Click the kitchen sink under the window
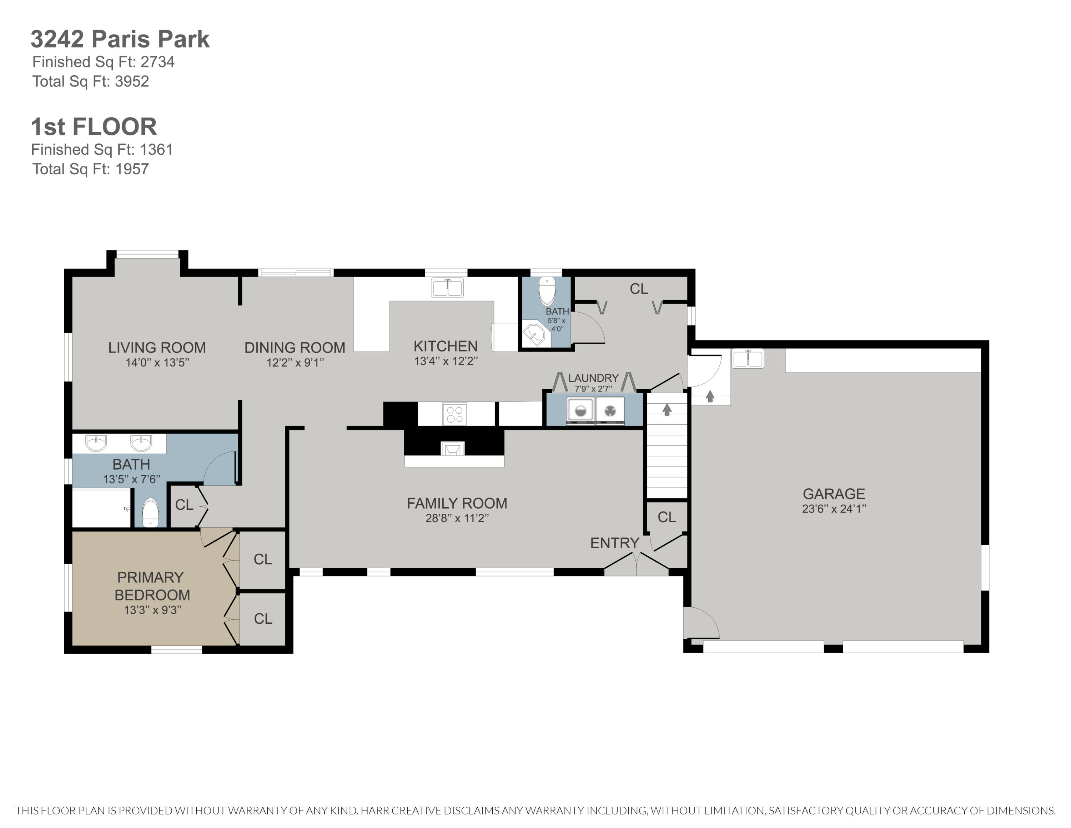pos(447,288)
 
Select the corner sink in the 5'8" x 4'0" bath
pos(534,335)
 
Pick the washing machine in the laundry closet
pos(580,410)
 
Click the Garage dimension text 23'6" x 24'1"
pos(834,509)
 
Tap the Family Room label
pos(457,503)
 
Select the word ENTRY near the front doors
pos(614,543)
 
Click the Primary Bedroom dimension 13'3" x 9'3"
pos(152,610)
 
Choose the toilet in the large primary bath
pos(151,512)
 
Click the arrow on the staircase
pos(667,409)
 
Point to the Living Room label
pos(157,348)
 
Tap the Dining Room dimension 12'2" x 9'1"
pos(295,363)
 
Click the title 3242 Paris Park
pos(120,39)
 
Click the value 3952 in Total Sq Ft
pos(132,81)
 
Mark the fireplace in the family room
pos(452,448)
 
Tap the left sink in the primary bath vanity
pos(96,443)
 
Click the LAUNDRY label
pos(593,378)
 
